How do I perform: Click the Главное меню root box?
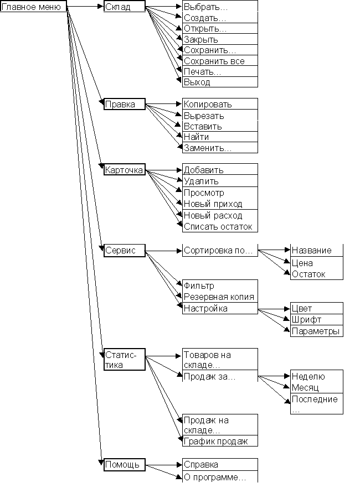tap(34, 6)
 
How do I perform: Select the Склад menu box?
tap(125, 6)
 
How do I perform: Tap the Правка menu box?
tap(124, 104)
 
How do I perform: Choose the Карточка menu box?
tap(125, 170)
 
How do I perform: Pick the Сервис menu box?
tap(125, 250)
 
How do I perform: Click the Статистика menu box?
tap(125, 360)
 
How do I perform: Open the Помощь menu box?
tap(125, 465)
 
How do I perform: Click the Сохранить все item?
tap(220, 61)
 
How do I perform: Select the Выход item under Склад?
tap(220, 82)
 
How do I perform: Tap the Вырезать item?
tap(220, 116)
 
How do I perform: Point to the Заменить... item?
tap(220, 148)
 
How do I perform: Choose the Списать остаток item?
tap(220, 226)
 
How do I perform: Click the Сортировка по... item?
tap(220, 251)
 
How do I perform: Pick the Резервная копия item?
tap(220, 297)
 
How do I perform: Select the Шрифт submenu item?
tap(316, 319)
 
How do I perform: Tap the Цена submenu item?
tap(316, 263)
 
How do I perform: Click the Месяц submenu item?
tap(316, 387)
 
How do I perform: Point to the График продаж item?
tap(220, 441)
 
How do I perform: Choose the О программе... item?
tap(220, 477)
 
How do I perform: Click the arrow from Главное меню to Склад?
tap(86, 7)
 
